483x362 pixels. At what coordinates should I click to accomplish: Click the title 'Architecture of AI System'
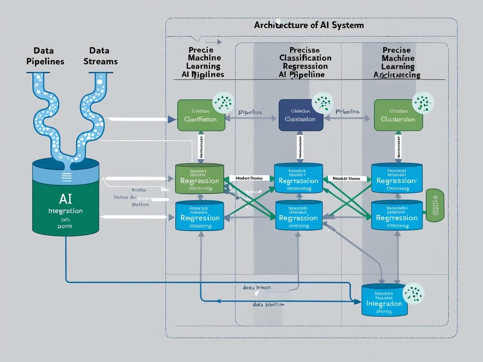coord(309,25)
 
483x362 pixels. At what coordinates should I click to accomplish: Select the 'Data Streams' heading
coord(100,56)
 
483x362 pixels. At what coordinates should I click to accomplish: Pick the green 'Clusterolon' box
coord(398,116)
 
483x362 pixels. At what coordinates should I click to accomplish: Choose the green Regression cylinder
coord(200,179)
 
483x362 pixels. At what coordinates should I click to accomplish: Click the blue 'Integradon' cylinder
coord(384,301)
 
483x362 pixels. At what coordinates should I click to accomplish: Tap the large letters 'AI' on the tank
coord(66,199)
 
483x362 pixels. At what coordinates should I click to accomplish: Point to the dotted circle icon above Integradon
coord(414,293)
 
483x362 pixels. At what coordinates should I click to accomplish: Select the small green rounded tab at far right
coord(435,206)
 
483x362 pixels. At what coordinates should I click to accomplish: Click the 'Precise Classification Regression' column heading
coord(305,62)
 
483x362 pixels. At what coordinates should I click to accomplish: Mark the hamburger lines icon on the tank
coord(66,177)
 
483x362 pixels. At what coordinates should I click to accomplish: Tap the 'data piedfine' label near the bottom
coord(269,304)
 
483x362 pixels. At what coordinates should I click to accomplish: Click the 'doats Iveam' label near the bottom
coord(257,287)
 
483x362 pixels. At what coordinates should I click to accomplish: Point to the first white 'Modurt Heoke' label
coord(249,178)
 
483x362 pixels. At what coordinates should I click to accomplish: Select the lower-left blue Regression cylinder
coord(200,216)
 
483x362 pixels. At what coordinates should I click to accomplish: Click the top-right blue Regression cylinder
coord(397,178)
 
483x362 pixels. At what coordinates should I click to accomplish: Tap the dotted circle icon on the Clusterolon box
coord(423,102)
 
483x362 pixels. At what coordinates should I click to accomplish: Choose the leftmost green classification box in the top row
coord(201,116)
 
